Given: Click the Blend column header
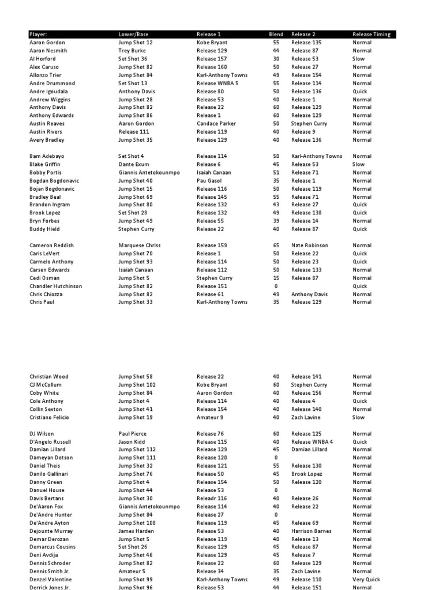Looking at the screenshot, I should pyautogui.click(x=276, y=35).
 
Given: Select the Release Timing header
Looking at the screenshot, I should pyautogui.click(x=371, y=35).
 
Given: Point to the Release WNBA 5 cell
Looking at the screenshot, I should pyautogui.click(x=217, y=83).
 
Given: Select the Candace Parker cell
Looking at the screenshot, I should pyautogui.click(x=215, y=123).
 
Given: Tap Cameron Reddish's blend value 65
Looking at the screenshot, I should pyautogui.click(x=276, y=245).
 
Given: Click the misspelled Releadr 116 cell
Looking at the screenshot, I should pyautogui.click(x=211, y=498).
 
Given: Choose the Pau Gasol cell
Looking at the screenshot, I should pyautogui.click(x=209, y=180).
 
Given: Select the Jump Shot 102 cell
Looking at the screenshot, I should pyautogui.click(x=137, y=385).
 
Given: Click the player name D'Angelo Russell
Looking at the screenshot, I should pyautogui.click(x=50, y=442).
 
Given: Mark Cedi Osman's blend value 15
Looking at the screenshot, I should pyautogui.click(x=276, y=278).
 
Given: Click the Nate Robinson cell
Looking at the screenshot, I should pyautogui.click(x=310, y=245).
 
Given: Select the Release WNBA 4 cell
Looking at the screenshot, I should pyautogui.click(x=312, y=442).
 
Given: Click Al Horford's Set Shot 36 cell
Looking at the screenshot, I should pyautogui.click(x=133, y=59).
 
